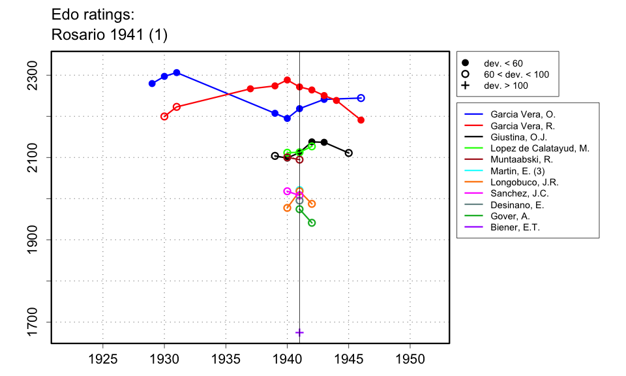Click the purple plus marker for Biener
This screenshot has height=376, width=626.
tap(299, 332)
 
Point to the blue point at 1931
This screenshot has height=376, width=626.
tap(177, 72)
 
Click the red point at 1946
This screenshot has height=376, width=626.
tap(361, 120)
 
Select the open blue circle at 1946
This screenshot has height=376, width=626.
tap(361, 98)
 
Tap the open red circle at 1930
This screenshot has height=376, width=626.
tap(164, 116)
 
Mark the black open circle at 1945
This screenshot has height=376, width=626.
tap(349, 153)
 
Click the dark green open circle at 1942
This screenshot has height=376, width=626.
tap(312, 223)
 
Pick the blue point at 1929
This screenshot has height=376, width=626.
tap(152, 84)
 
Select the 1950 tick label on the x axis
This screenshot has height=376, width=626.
tap(410, 360)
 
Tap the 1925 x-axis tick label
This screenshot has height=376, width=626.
tap(102, 360)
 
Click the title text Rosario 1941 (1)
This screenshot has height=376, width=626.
tap(109, 35)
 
